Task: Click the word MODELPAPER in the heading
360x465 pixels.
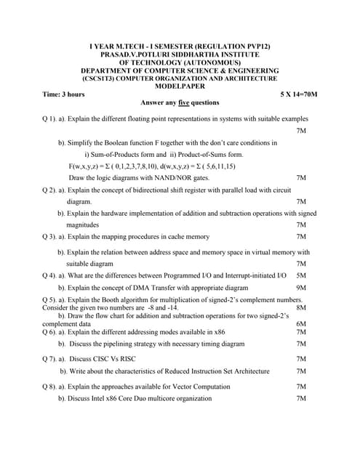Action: tap(180, 86)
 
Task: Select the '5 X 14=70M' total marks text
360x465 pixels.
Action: tap(298, 94)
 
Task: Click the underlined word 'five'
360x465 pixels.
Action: tap(187, 103)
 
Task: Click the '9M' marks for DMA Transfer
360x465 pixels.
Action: tap(302, 288)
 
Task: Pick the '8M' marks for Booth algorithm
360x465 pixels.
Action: tap(302, 308)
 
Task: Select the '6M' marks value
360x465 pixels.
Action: tap(302, 324)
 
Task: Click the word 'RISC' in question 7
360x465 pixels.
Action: tap(126, 359)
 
